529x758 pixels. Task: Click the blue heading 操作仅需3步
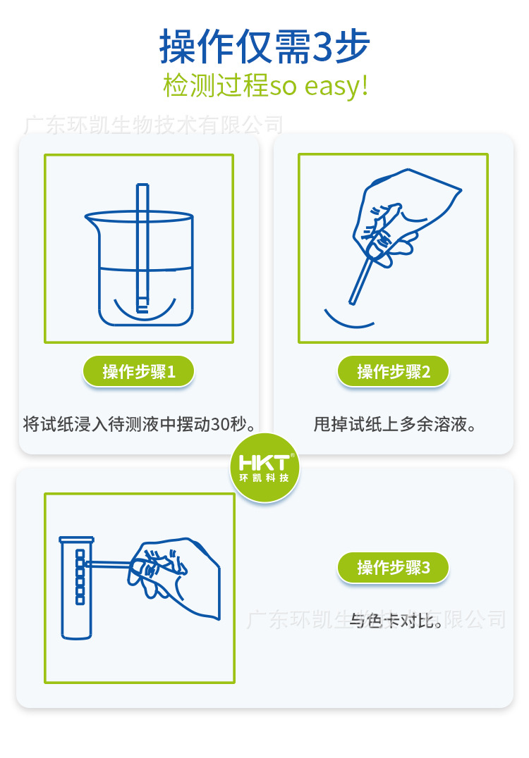tap(264, 46)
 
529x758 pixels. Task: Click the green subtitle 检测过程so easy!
tap(266, 85)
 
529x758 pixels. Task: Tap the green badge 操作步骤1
tap(138, 371)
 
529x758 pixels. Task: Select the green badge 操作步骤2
tap(393, 371)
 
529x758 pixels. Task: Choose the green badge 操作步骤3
tap(393, 567)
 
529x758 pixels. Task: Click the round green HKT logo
tap(264, 467)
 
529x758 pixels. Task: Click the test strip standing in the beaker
tap(142, 248)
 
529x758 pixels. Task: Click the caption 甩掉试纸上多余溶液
tap(394, 424)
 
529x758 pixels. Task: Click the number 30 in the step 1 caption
tap(220, 425)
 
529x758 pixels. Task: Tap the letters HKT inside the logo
tap(264, 462)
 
